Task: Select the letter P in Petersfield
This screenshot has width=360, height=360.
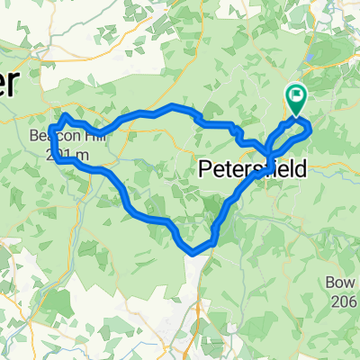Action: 203,167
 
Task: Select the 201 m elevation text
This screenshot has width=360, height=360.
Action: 71,154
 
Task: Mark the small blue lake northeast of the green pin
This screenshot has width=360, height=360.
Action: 311,57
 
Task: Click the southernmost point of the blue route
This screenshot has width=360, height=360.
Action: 192,253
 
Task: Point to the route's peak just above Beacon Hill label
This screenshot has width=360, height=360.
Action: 64,116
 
